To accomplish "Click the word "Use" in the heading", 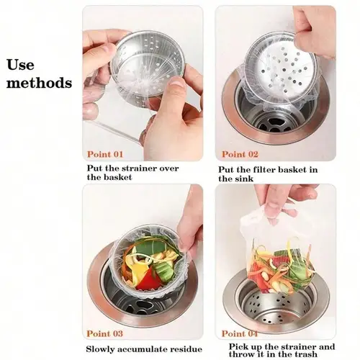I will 21,66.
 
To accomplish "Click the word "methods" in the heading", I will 40,83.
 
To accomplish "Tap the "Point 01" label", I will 106,153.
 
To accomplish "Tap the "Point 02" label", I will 240,154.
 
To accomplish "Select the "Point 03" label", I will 105,333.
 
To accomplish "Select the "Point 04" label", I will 239,333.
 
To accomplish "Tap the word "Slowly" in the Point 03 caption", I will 102,348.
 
